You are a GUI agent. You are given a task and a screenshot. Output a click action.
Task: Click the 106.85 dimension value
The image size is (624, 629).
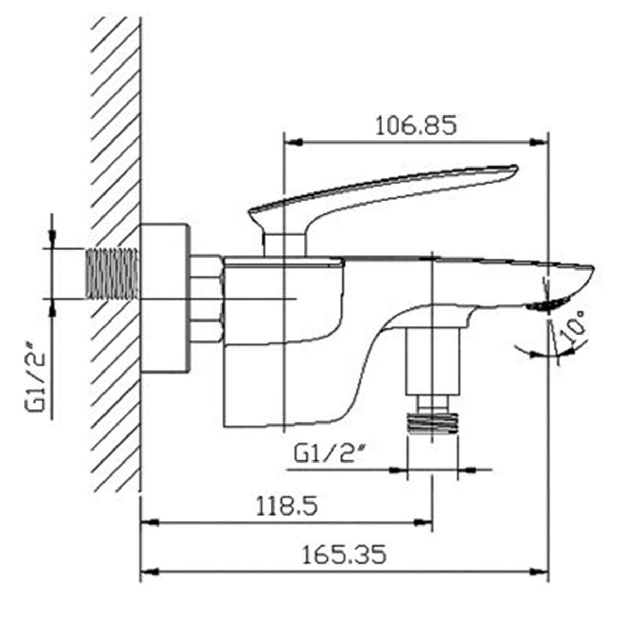click(x=415, y=126)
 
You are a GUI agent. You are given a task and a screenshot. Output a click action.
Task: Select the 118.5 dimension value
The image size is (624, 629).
click(x=287, y=506)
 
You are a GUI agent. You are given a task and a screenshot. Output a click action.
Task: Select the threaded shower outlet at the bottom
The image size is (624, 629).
click(x=432, y=423)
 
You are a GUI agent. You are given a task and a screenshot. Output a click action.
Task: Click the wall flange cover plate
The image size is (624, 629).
click(x=165, y=298)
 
